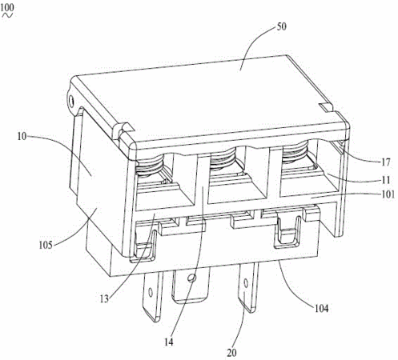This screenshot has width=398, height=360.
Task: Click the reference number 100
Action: [7, 7]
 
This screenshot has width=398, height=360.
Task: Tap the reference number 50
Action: [281, 26]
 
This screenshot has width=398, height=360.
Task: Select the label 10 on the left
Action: [22, 137]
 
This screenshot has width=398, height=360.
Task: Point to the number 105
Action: [46, 245]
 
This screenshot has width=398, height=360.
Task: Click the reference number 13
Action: [104, 298]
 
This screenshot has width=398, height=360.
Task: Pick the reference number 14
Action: [169, 342]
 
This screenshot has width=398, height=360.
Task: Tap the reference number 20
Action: [231, 353]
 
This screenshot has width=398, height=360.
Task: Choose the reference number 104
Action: [321, 309]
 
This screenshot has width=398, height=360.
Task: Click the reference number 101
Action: [388, 194]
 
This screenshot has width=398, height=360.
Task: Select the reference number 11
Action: [386, 180]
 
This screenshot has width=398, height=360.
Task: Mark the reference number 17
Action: [386, 162]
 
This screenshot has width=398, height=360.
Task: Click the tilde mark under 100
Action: [7, 15]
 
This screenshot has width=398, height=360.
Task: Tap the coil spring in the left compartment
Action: [150, 166]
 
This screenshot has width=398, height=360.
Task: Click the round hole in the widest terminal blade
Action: [191, 278]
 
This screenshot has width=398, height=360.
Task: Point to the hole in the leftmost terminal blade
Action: [151, 293]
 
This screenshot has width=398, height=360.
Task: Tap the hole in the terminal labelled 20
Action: [246, 283]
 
